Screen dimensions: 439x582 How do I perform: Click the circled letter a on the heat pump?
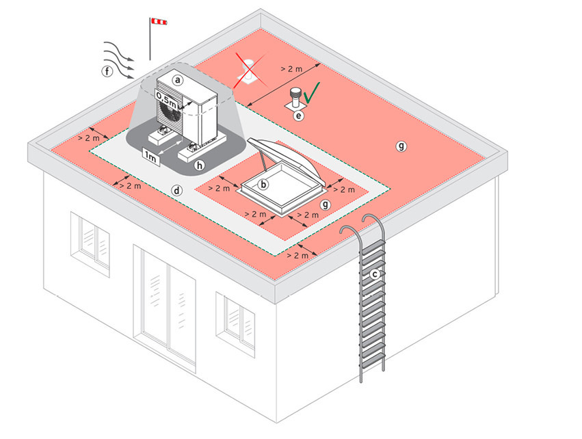tap(178, 79)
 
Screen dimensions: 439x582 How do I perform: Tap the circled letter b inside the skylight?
tap(264, 183)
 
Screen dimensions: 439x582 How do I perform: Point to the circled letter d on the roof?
tap(177, 190)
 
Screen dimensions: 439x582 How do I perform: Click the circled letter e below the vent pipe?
tap(298, 116)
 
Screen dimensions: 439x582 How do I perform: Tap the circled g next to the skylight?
tap(326, 204)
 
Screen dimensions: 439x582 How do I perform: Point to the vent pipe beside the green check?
tap(295, 98)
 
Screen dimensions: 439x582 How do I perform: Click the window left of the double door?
tap(90, 242)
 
